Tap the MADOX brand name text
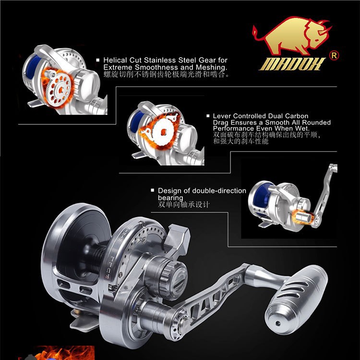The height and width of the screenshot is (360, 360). coord(292,64)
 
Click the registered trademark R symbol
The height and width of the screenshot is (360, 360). coord(335,55)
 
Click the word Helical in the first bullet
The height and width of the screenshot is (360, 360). coord(115,60)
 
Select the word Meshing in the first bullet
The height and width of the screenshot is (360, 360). coord(210,67)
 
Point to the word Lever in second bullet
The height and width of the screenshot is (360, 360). coord(222,116)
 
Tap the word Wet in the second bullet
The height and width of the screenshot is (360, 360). coord(313,129)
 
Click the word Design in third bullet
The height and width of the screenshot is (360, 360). coord(169,191)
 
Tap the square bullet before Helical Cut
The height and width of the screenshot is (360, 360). coord(98,60)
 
